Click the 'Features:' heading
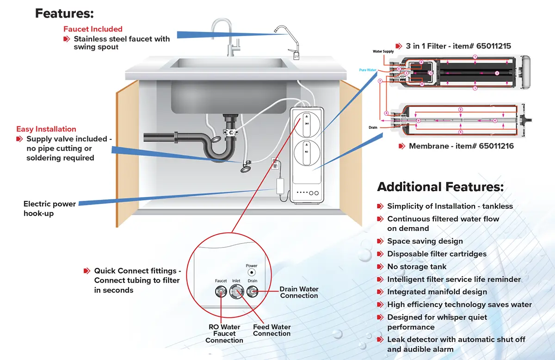coord(64,13)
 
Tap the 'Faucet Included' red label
coord(93,29)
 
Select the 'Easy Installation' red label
coord(46,129)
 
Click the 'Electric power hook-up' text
coord(49,209)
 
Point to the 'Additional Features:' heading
coord(440,187)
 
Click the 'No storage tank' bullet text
coord(417,267)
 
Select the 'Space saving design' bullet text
coord(425,241)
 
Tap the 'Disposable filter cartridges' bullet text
coord(437,254)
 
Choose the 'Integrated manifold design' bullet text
coord(437,292)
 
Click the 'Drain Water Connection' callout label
coord(299,292)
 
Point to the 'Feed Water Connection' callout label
coord(271,330)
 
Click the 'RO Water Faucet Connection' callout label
coord(224,334)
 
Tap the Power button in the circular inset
coord(252,273)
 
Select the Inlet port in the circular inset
coord(236,292)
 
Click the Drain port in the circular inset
coord(252,292)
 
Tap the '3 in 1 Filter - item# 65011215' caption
coord(458,46)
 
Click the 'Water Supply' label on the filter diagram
coord(383,51)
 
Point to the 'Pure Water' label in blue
coord(368,70)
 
